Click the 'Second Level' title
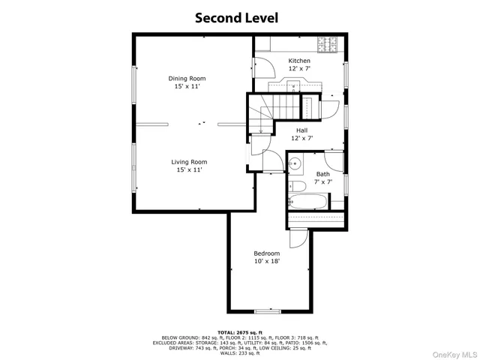(237, 17)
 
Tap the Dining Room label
(187, 78)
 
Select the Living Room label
(188, 161)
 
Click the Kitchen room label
(299, 61)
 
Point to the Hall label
(301, 130)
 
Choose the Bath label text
(322, 174)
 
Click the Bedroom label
(266, 253)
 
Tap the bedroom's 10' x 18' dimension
(266, 262)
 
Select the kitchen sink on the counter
(293, 85)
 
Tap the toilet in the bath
(296, 185)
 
